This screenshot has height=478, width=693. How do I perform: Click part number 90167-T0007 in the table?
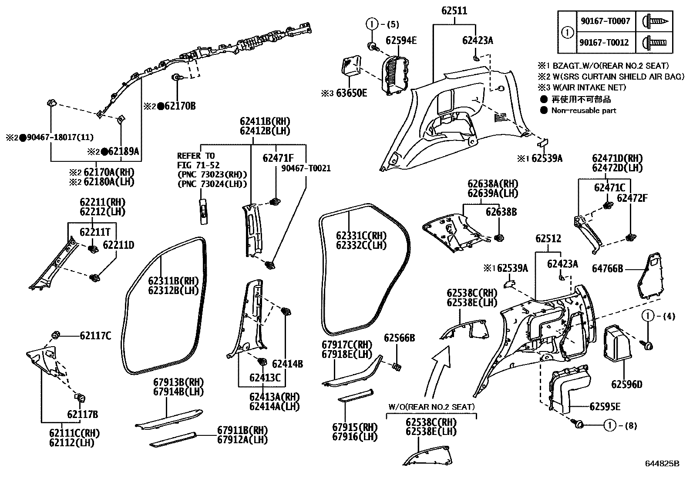pos(604,21)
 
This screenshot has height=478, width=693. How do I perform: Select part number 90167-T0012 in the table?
pos(604,43)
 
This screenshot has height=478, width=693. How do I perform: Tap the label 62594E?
pos(401,41)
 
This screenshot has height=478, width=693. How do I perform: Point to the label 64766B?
pos(607,269)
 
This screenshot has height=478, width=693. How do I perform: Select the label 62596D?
pos(627,384)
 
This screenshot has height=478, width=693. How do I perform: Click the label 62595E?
pos(605,407)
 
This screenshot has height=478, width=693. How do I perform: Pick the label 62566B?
pos(399,338)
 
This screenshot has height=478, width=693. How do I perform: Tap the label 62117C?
pos(95,336)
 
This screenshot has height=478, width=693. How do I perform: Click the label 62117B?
pos(82,414)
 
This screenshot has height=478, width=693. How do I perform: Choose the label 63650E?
pos(350,93)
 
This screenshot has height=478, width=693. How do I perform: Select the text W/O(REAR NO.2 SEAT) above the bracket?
pos(431,407)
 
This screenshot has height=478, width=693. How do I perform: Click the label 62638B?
pos(501,212)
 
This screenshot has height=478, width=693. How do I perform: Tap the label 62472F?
pos(632,198)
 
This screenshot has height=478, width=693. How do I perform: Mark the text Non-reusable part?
pos(583,110)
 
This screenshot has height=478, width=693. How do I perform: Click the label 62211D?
pos(118,245)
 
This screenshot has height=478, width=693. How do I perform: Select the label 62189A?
pos(123,151)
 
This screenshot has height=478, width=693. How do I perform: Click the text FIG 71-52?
pos(198,165)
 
